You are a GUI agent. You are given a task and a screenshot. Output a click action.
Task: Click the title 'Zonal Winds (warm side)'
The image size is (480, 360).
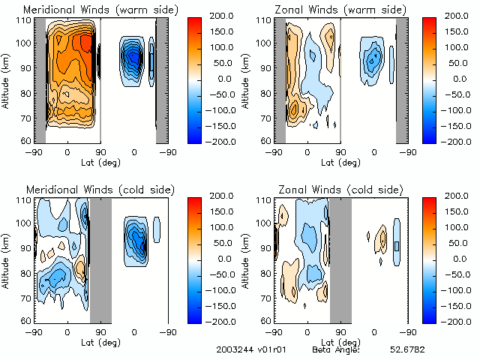pos(334,9)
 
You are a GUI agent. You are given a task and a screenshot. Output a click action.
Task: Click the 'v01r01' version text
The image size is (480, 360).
pos(268,349)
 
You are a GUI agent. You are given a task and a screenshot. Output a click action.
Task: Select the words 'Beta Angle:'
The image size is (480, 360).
pos(336,349)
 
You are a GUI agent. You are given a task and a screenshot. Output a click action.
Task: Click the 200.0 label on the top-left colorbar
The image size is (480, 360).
pos(218,15)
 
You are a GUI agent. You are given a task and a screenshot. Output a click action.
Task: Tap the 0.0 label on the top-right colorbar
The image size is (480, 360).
pos(460,78)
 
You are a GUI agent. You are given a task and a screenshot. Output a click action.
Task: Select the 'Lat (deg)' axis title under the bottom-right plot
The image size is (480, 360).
pos(340,340)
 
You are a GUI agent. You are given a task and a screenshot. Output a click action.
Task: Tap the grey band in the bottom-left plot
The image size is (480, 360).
pos(100,259)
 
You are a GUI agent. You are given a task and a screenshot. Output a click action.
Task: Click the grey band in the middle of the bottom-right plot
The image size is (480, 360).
pos(340,259)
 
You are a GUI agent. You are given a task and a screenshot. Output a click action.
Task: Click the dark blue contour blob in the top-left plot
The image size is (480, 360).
pos(133,57)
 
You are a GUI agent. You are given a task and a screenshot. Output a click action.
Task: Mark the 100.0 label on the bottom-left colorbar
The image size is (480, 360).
pos(218,226)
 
